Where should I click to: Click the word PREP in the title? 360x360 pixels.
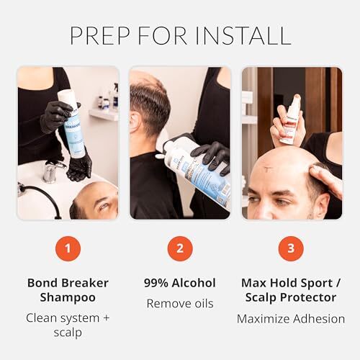click(x=100, y=35)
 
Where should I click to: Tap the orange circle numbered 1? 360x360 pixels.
click(x=68, y=248)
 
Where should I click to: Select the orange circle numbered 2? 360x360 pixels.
click(x=180, y=248)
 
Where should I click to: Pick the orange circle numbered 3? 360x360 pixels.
click(x=291, y=248)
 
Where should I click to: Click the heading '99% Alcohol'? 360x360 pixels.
click(x=180, y=283)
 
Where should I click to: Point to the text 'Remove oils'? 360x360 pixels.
click(x=180, y=304)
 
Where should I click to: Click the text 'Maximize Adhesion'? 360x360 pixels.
click(x=291, y=319)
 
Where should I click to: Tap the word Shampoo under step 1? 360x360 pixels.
click(x=68, y=298)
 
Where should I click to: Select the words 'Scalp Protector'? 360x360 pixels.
click(x=291, y=298)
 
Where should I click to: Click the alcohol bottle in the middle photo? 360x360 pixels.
click(x=196, y=171)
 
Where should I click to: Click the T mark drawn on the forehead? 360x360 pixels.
click(x=266, y=169)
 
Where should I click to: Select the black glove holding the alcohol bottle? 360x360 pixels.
click(x=211, y=157)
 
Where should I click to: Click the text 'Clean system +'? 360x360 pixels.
click(x=68, y=318)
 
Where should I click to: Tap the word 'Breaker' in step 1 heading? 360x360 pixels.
click(x=85, y=283)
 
